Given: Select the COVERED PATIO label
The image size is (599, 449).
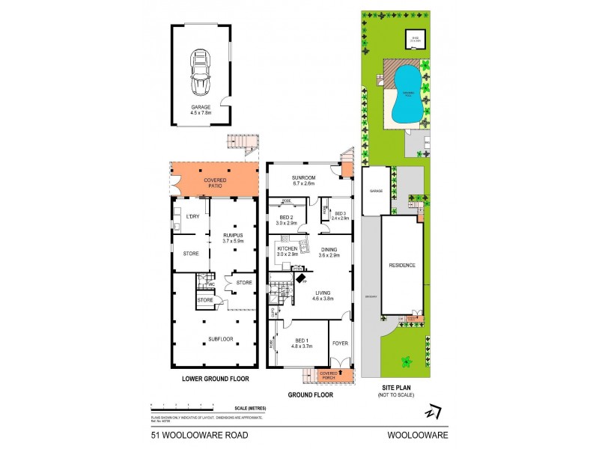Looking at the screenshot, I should click(x=216, y=183).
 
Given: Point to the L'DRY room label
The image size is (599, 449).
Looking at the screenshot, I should click(x=191, y=217).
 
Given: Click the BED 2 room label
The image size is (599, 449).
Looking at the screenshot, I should click(x=288, y=219).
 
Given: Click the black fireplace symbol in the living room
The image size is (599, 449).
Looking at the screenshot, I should click(x=300, y=278).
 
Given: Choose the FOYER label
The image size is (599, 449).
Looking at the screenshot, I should click(x=341, y=343).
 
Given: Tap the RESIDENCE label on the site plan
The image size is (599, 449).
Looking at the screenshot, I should click(x=401, y=266).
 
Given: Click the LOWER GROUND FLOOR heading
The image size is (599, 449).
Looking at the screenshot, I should click(x=216, y=379).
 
